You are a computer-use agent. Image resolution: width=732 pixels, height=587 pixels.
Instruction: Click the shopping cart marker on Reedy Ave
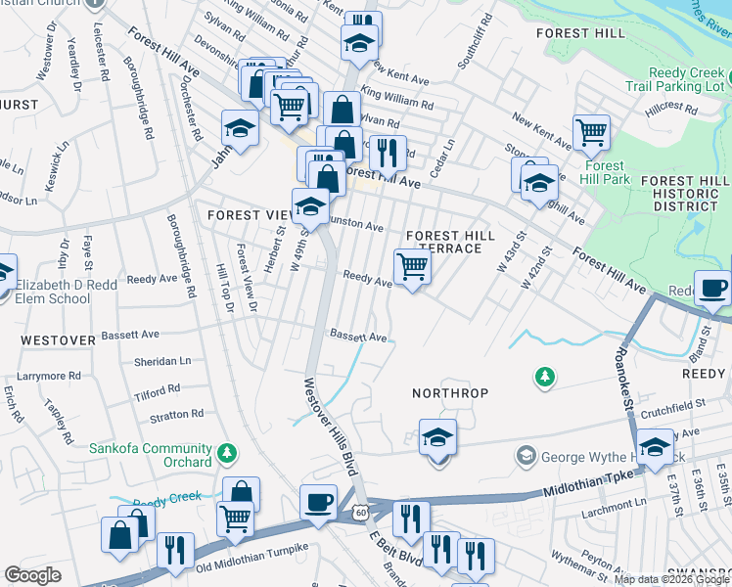point(412,266)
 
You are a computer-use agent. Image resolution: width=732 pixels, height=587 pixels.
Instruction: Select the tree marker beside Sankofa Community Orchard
point(227,452)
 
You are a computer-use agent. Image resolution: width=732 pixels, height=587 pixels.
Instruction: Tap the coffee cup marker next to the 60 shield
point(318,502)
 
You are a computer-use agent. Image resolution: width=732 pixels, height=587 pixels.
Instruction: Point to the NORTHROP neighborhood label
point(449,392)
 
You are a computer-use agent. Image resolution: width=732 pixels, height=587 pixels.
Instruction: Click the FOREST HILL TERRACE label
point(444,242)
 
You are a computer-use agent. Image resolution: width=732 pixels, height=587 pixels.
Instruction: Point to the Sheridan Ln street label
point(163,361)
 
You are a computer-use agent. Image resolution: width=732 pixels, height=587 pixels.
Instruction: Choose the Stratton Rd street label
point(176,415)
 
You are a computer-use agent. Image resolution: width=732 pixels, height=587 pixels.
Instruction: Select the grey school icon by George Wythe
point(526,456)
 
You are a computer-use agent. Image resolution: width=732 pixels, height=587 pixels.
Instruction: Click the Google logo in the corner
point(32,575)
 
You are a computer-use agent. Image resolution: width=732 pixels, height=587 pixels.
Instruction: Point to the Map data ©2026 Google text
point(670,579)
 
